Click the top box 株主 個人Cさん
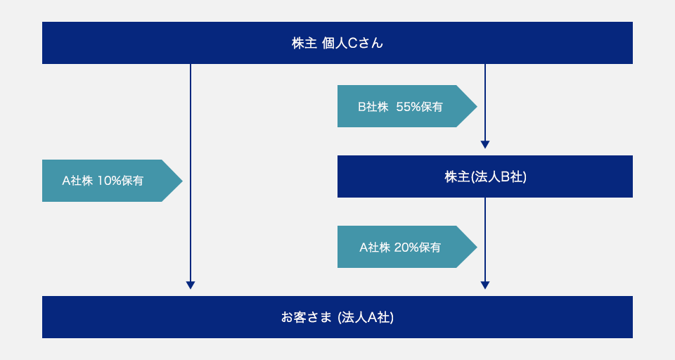pyautogui.click(x=337, y=43)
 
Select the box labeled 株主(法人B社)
pyautogui.click(x=485, y=176)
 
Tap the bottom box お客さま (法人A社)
pyautogui.click(x=337, y=317)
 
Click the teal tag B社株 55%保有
pyautogui.click(x=407, y=106)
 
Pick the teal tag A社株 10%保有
pyautogui.click(x=112, y=181)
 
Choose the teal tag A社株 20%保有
pyautogui.click(x=407, y=247)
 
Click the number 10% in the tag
pyautogui.click(x=110, y=181)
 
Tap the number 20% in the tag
pyautogui.click(x=406, y=247)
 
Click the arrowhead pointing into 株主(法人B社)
pyautogui.click(x=485, y=145)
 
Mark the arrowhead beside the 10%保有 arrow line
pyautogui.click(x=191, y=285)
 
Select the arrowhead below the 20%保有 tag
pyautogui.click(x=485, y=285)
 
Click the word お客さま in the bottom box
pyautogui.click(x=307, y=317)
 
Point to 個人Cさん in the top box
pyautogui.click(x=352, y=43)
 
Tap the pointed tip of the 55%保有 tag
pyautogui.click(x=477, y=106)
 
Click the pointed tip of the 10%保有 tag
pyautogui.click(x=183, y=181)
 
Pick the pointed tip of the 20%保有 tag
pyautogui.click(x=477, y=247)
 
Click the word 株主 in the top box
pyautogui.click(x=304, y=43)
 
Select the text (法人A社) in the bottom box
pyautogui.click(x=366, y=317)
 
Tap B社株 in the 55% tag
pyautogui.click(x=373, y=107)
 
